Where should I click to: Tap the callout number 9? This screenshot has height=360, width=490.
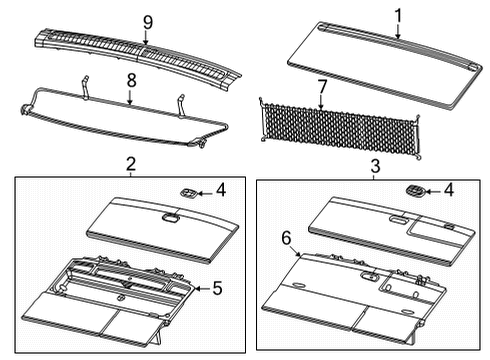point(147,21)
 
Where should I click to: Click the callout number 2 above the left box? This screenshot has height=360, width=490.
point(130,164)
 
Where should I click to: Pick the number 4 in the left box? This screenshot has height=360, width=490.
point(221,188)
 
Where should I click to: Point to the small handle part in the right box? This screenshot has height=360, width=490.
point(413,189)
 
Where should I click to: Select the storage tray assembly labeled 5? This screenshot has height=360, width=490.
point(110,300)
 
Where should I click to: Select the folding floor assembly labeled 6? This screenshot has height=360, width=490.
point(350,300)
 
